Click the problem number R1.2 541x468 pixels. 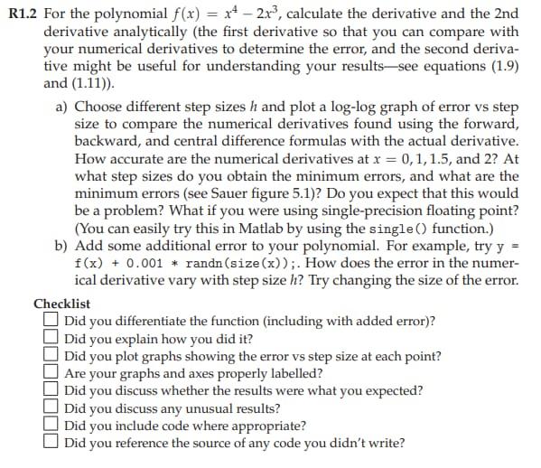coord(19,13)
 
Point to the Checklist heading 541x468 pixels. coord(61,304)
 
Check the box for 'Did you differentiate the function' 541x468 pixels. coord(51,321)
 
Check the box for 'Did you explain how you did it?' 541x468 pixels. coord(51,339)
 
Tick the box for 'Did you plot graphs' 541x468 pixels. coord(51,356)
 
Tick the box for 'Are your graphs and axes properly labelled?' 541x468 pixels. coord(51,373)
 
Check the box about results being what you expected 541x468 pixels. coord(51,390)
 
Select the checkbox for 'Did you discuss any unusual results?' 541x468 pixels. coord(51,408)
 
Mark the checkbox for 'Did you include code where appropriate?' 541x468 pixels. coord(51,426)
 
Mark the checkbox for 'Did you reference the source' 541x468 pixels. coord(51,443)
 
